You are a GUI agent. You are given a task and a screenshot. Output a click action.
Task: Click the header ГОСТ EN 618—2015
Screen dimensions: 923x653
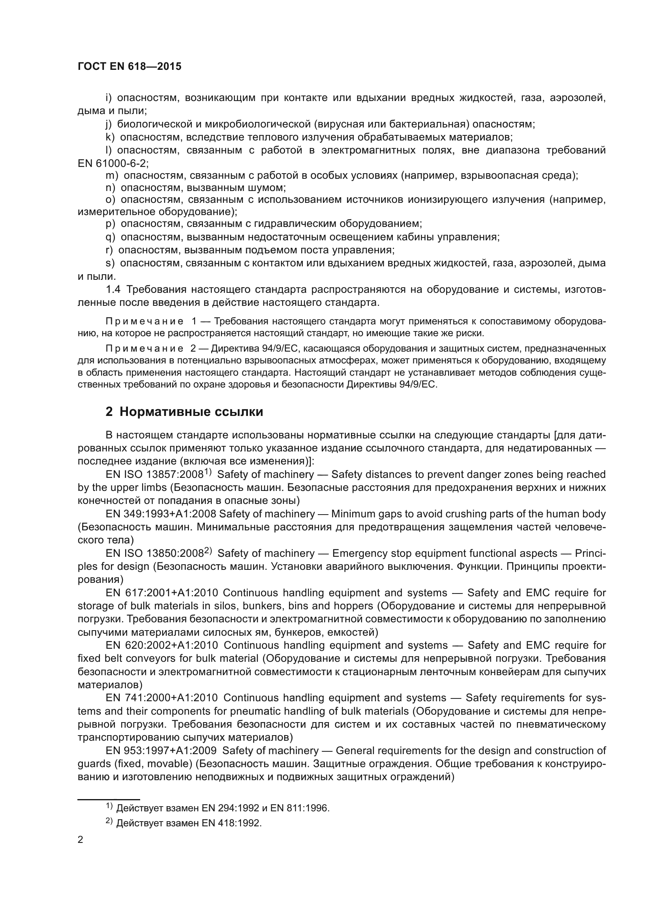click(129, 67)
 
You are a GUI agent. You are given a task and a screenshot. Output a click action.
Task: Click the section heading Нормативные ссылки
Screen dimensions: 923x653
click(191, 412)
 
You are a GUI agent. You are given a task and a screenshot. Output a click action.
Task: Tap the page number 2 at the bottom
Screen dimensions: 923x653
click(81, 839)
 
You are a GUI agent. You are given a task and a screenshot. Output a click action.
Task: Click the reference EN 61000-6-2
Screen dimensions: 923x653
click(113, 163)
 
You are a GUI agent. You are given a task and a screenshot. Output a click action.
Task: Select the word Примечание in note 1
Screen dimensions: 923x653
click(144, 321)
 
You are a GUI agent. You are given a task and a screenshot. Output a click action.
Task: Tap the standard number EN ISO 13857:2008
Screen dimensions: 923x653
click(155, 474)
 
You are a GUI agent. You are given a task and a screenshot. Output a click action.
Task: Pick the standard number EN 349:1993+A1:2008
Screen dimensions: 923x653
click(161, 514)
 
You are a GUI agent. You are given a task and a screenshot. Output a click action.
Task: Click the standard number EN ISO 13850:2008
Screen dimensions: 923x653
click(155, 553)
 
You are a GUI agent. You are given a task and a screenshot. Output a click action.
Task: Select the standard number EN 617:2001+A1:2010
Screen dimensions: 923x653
click(161, 593)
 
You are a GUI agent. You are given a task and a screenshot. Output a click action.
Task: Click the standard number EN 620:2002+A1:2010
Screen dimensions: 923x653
click(161, 645)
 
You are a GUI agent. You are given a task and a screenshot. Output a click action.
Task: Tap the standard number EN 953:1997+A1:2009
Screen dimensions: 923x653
click(161, 751)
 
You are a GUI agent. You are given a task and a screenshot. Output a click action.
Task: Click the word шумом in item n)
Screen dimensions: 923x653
click(271, 188)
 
